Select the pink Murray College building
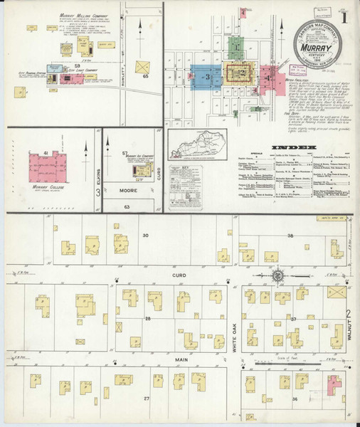(x=46, y=167)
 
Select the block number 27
(x=147, y=399)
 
